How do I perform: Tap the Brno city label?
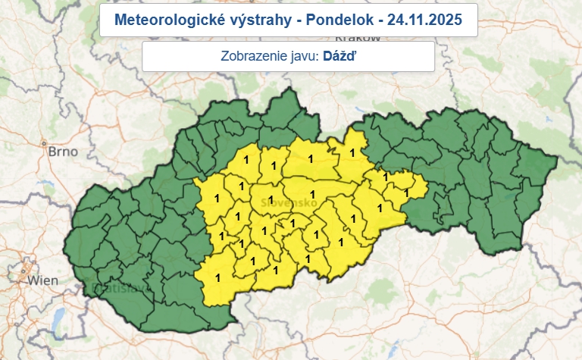(62, 152)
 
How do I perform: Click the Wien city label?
(43, 280)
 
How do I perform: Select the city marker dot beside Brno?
(47, 142)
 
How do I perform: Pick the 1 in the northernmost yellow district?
(351, 152)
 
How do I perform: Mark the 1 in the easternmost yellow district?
(407, 193)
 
